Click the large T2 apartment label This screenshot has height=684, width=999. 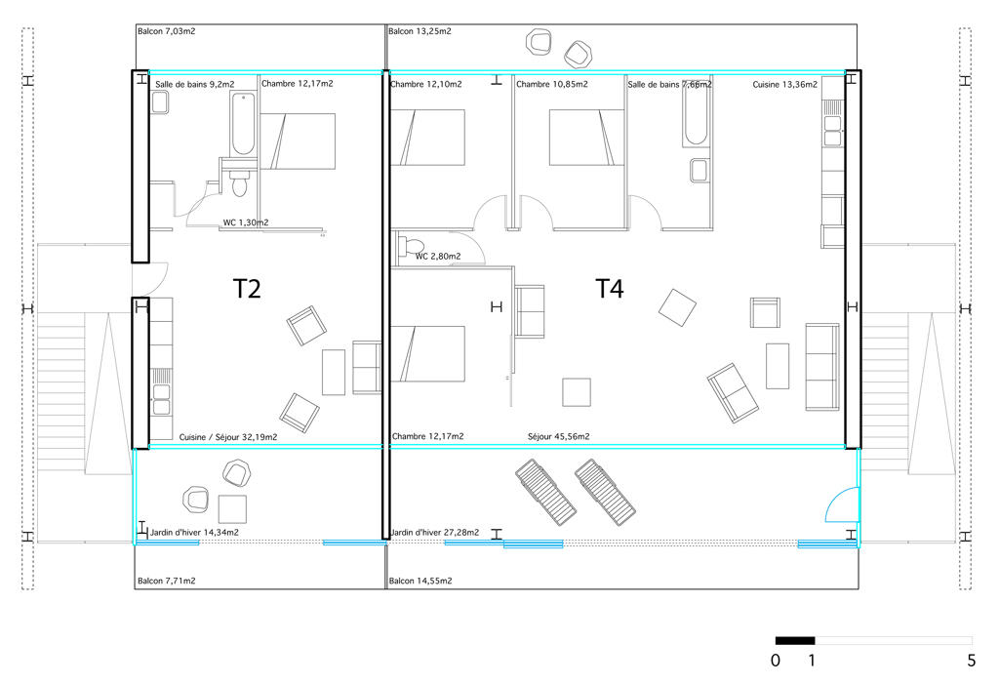coord(246,289)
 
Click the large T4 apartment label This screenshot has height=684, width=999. coord(609,289)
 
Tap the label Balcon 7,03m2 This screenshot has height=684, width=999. coord(166,30)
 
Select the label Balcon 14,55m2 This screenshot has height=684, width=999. coord(420,581)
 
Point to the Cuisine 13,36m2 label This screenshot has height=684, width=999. coord(785,84)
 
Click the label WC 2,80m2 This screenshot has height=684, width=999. coord(438,257)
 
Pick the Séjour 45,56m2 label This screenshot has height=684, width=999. coord(559,437)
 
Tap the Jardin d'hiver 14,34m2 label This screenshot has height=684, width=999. coord(194,532)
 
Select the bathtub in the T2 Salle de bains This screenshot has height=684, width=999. coord(242,124)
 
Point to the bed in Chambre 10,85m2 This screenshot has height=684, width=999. coord(586,138)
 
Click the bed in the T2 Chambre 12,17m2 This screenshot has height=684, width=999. coord(298,141)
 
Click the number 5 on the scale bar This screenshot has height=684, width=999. coord(971,661)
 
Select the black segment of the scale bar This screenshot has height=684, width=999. coord(795,641)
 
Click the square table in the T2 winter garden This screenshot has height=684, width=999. coord(232,509)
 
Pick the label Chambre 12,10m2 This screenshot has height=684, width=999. coord(425,84)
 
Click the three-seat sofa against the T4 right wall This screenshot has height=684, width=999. coord(822,367)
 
